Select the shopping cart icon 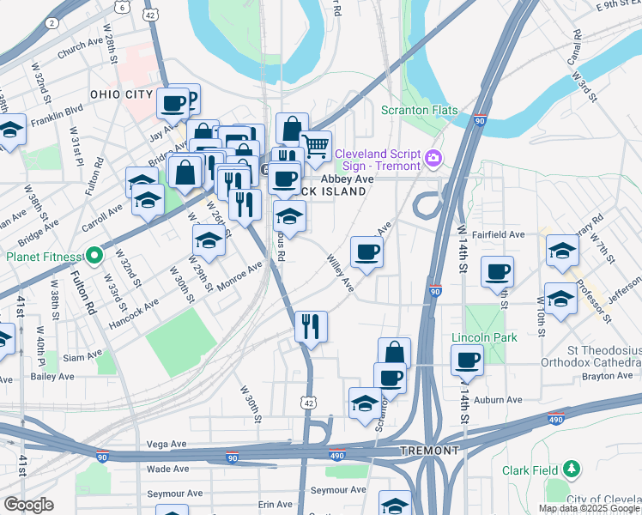[x=316, y=146]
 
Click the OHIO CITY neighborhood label [x=121, y=94]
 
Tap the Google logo [x=28, y=505]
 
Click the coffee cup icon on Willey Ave [x=366, y=251]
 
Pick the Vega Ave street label [x=167, y=444]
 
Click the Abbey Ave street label [x=348, y=178]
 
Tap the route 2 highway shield [x=53, y=21]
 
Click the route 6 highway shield [x=123, y=8]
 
